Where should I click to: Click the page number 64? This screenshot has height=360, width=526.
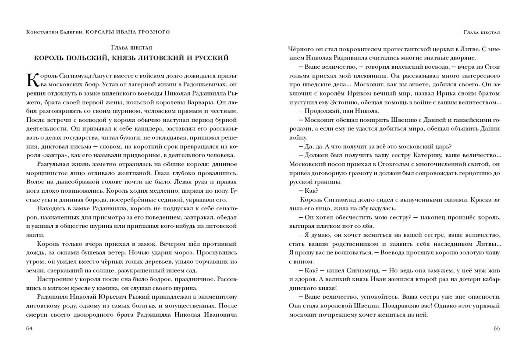[x=29, y=328]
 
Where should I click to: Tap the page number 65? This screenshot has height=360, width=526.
[x=496, y=328]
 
